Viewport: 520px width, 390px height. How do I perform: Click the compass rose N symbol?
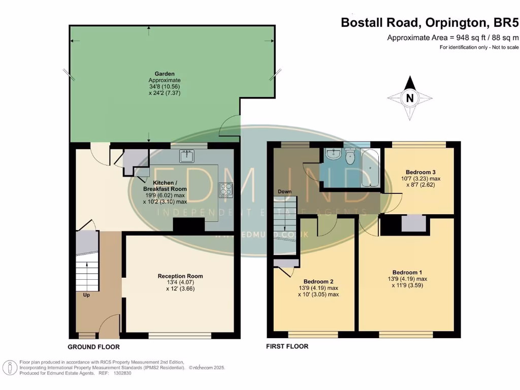410,98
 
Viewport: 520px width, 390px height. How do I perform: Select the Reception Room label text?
180,276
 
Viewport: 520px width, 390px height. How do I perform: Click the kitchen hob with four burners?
225,190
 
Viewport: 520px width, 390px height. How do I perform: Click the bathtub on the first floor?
370,168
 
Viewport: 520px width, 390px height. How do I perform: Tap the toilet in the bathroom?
350,158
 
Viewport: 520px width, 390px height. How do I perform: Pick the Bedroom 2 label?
318,281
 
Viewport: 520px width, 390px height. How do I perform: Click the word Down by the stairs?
284,191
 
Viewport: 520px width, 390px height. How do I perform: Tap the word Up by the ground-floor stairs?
86,294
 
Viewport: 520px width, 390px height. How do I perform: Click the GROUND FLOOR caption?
94,347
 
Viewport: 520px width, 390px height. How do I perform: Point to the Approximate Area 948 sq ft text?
452,38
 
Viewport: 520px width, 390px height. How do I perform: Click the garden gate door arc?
230,126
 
